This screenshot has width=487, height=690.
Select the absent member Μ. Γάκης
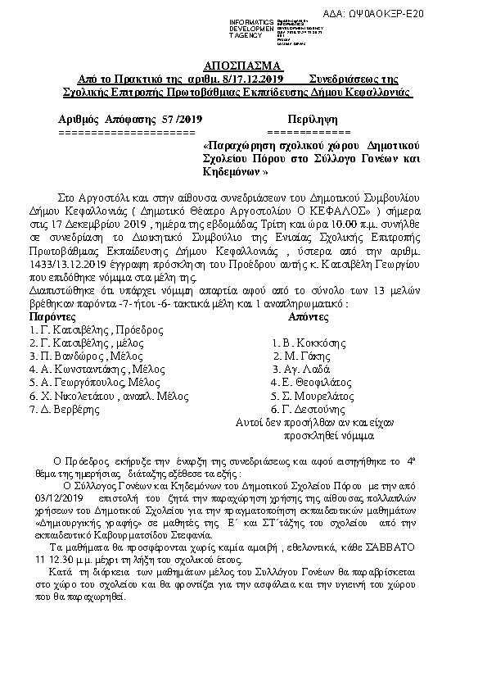click(300, 357)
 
